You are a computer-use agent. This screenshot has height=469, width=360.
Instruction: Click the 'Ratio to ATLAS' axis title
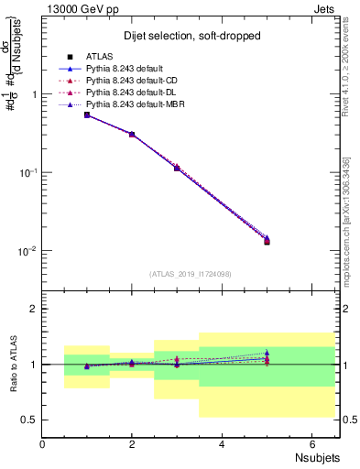tap(14, 363)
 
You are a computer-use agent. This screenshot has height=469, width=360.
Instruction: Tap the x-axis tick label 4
tap(223, 444)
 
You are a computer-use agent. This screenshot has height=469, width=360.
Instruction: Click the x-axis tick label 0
tap(43, 444)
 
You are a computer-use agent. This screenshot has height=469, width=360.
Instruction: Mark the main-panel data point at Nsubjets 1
tap(87, 115)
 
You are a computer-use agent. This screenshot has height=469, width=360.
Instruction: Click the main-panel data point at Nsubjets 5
tap(267, 241)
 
